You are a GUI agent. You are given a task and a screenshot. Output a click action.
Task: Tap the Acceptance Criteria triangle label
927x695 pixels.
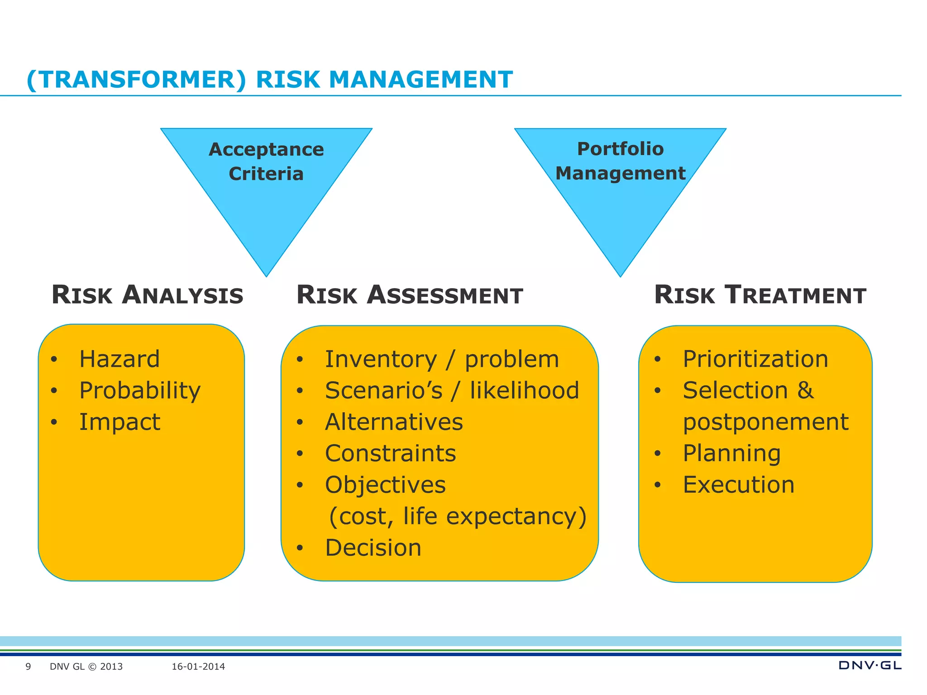266,162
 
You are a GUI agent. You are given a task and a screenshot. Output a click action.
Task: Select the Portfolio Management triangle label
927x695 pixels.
620,161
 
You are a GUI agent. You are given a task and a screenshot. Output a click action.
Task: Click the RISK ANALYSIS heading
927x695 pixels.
148,295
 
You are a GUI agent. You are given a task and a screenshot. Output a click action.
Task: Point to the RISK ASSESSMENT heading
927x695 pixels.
410,295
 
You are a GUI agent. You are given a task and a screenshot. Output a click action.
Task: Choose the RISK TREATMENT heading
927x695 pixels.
760,295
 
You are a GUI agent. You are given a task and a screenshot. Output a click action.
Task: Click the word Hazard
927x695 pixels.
119,359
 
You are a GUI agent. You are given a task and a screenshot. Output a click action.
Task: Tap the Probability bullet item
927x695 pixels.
140,390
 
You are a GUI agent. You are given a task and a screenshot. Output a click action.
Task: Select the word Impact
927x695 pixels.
119,422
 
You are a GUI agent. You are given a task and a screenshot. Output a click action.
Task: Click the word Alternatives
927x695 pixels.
394,422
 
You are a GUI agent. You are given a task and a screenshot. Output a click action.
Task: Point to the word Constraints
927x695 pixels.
390,453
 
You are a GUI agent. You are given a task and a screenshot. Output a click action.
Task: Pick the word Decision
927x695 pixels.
373,548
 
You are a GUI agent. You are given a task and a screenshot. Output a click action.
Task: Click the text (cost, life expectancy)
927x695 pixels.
457,516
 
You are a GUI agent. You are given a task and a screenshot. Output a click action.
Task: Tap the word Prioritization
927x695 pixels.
755,359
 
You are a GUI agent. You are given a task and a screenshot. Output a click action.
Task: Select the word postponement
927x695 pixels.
765,422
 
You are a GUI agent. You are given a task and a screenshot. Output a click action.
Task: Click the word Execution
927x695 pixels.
738,485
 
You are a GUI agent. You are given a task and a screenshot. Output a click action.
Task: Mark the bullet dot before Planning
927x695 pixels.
658,454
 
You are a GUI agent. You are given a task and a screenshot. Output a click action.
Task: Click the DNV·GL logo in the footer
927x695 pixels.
870,665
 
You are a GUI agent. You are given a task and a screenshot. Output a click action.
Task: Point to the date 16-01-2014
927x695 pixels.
198,666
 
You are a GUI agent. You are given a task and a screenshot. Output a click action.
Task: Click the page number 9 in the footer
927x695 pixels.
28,666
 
